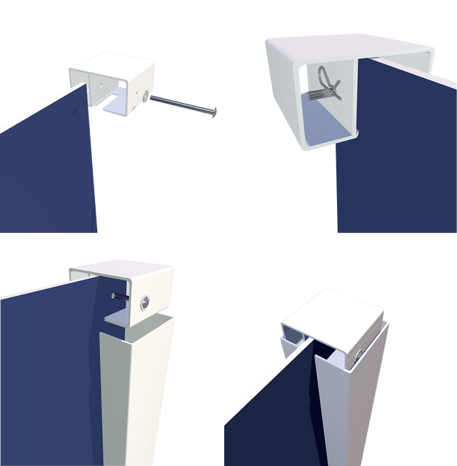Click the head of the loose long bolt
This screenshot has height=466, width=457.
[213, 113]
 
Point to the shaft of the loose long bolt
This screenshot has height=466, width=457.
[179, 104]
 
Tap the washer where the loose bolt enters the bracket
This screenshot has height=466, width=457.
[146, 96]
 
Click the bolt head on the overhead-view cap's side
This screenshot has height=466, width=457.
[359, 350]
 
